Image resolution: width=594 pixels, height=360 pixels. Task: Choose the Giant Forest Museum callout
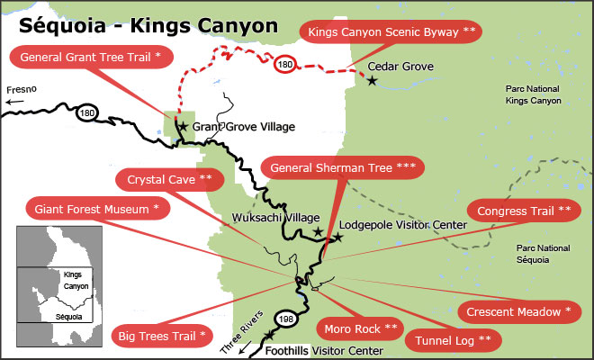coord(96,210)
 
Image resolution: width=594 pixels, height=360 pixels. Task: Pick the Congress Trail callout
coord(524,211)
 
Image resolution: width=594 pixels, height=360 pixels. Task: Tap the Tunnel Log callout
coord(454,341)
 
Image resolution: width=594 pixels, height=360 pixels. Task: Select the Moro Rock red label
coord(359,327)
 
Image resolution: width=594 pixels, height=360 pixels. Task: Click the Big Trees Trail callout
coord(163,337)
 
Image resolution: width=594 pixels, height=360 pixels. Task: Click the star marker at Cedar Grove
coord(372,81)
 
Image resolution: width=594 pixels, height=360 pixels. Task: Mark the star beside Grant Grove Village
coord(183,127)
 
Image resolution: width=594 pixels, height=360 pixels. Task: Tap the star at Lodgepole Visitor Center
coord(337,238)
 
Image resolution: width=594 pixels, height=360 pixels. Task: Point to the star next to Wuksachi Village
coord(317,232)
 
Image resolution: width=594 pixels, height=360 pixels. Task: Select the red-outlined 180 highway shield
coord(284,66)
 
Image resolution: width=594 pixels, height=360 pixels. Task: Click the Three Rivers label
coord(242,332)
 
